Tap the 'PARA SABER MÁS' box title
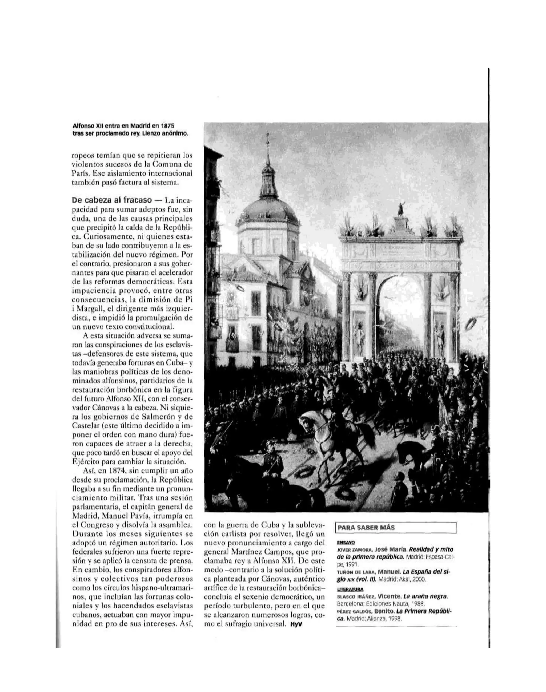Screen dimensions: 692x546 (x=366, y=536)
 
